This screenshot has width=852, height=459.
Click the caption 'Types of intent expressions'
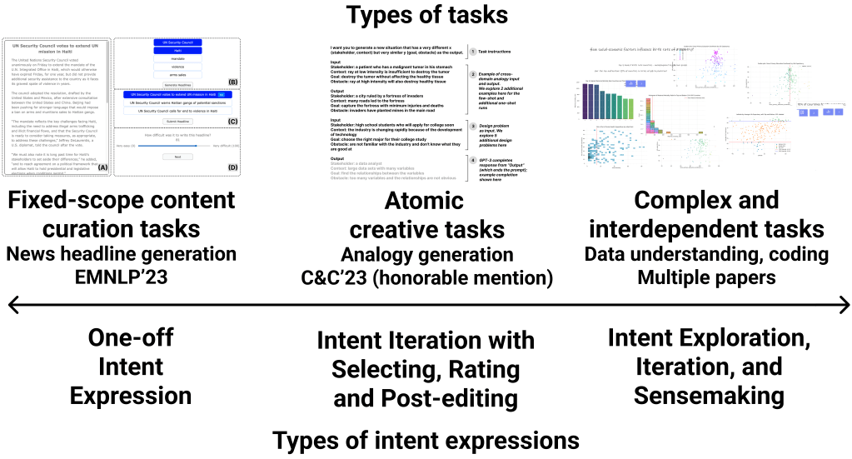tap(426, 440)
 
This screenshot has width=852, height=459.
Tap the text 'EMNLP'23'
tap(120, 277)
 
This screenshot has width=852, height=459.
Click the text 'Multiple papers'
tap(705, 277)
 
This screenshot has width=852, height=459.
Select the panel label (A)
tap(103, 167)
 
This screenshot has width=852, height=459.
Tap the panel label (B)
tap(232, 82)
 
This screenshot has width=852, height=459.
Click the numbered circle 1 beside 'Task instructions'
tap(471, 52)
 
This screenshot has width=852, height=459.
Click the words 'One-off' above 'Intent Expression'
tap(131, 338)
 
